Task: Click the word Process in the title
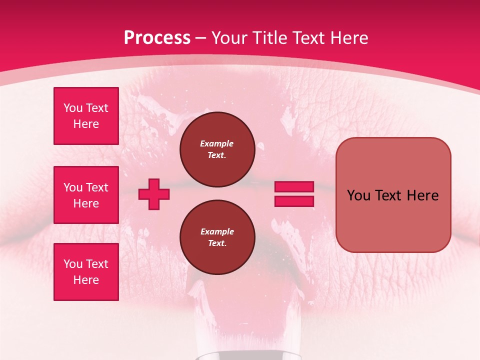pos(157,38)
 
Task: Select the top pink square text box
pos(86,116)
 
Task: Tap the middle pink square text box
pos(86,195)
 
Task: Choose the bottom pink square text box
pos(86,272)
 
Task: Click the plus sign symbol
pos(154,194)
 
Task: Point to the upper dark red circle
pos(217,149)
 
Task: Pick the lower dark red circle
pos(217,237)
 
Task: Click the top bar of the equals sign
pos(294,187)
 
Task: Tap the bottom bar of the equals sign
pos(294,201)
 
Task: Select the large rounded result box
pos(393,194)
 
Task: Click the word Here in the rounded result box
pos(422,195)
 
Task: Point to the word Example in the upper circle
pos(217,143)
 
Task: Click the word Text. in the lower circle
pos(217,243)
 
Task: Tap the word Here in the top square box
pos(86,124)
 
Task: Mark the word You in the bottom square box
pos(73,264)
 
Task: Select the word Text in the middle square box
pos(97,187)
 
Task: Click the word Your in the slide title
pos(230,38)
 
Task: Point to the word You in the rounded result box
pos(358,195)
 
